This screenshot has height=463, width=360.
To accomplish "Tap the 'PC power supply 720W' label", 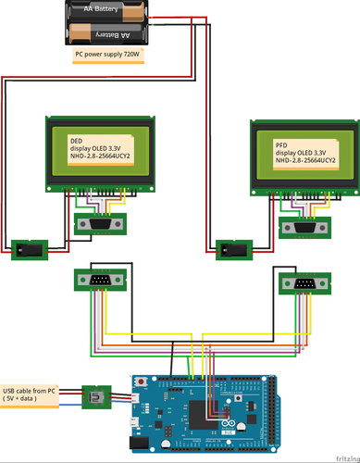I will point(109,56).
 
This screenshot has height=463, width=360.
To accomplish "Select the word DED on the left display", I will point(77,141).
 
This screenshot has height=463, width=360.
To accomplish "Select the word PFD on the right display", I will point(281,146).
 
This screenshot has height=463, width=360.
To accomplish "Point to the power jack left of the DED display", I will point(28,249).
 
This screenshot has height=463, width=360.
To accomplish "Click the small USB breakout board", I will point(95,398).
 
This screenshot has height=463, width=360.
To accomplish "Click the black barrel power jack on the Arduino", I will point(141,443).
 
